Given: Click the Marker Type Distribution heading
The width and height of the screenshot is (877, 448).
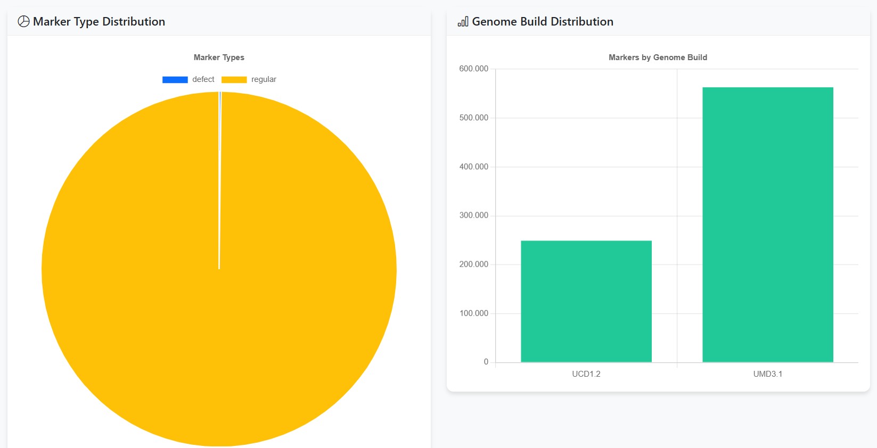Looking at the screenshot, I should [99, 22].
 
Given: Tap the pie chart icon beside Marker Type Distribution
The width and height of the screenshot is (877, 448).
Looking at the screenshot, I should [23, 21].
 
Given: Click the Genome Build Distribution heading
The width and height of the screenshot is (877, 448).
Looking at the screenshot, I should [543, 22].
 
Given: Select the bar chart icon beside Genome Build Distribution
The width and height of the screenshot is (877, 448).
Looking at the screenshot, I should [463, 22].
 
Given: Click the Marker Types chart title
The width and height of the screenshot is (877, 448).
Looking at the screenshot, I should [219, 57].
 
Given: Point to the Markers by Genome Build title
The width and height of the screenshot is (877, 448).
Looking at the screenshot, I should [658, 57].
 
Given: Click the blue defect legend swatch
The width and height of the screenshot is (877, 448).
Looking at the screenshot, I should [175, 80].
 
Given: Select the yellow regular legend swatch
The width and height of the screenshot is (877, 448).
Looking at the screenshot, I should [234, 80].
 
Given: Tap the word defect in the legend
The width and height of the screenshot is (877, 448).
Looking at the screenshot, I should [203, 79].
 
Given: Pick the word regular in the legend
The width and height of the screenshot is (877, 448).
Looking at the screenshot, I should [264, 79].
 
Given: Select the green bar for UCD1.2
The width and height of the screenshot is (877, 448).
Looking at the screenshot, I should [586, 301].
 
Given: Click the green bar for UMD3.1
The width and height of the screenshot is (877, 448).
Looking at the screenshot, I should [767, 225].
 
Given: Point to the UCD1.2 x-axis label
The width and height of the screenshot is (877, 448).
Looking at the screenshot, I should [586, 374].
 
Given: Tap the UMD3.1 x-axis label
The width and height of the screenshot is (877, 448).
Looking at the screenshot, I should [767, 374].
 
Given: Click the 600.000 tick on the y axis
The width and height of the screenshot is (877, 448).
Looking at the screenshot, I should [473, 69].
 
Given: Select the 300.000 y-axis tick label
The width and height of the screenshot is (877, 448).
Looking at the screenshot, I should [473, 215].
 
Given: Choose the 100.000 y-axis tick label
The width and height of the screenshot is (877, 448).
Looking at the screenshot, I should [473, 313].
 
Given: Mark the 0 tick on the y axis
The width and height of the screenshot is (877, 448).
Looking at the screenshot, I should [486, 362].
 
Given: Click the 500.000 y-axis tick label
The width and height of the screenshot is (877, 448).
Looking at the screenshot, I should [473, 118].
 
